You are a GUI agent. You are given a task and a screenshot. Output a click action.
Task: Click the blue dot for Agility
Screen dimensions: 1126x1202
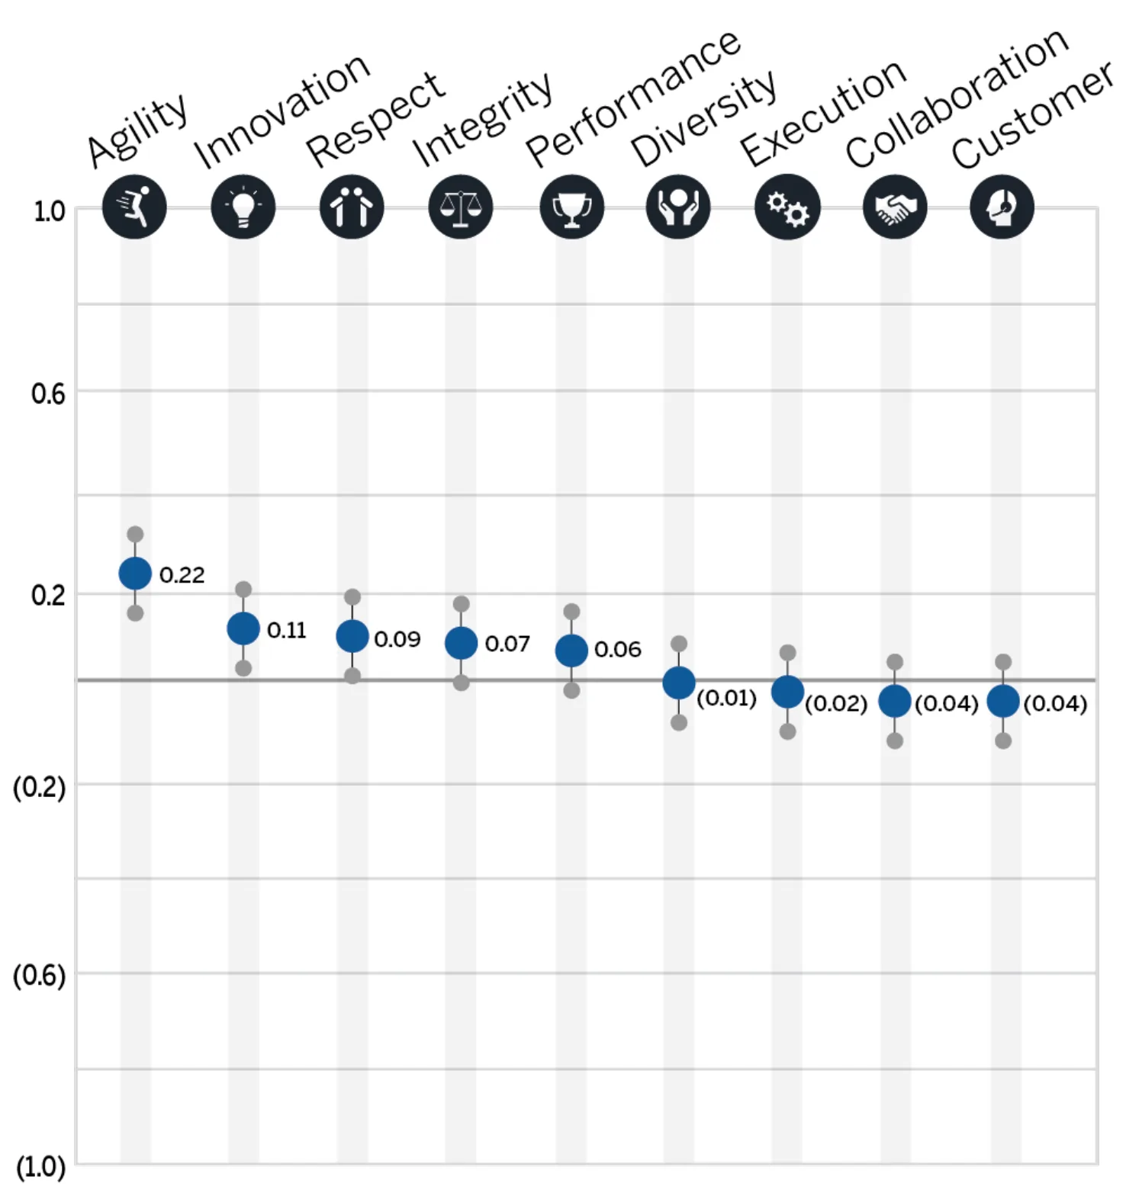(135, 574)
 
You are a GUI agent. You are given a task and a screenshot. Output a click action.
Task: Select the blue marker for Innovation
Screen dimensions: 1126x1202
(243, 629)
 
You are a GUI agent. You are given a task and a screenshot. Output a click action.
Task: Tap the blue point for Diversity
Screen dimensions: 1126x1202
(679, 683)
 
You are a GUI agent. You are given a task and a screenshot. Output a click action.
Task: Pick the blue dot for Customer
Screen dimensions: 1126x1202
(1003, 702)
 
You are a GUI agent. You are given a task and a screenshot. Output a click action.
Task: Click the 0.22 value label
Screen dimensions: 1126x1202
(182, 575)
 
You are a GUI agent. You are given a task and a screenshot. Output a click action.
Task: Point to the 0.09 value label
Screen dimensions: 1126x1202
(397, 639)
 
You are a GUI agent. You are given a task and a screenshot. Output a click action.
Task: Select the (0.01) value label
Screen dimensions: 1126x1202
(726, 698)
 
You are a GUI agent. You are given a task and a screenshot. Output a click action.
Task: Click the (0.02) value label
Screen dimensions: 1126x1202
(836, 703)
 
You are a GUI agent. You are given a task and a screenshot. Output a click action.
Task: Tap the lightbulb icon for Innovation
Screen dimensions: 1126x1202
(243, 207)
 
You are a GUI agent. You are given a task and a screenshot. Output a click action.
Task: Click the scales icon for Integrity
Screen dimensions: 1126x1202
(461, 207)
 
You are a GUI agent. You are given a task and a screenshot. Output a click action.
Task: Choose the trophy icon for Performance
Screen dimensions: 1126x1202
(571, 207)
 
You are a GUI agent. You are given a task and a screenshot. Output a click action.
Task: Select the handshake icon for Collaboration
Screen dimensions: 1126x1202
(895, 207)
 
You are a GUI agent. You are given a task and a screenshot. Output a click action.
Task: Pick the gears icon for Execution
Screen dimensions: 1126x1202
(787, 207)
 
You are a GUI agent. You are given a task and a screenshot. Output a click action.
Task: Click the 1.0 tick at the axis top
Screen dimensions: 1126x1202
(49, 211)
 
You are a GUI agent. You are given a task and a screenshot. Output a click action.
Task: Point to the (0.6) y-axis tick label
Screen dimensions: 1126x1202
(40, 975)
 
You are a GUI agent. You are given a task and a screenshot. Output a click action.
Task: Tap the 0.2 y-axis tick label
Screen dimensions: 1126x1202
(48, 595)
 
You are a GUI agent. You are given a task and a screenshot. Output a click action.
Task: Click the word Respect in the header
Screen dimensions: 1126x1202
(375, 119)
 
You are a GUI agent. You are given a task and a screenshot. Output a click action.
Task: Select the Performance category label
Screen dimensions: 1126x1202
(633, 98)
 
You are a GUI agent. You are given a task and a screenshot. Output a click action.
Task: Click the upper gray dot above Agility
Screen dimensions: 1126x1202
(135, 534)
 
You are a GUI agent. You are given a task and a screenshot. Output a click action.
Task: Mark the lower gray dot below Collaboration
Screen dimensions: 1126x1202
(895, 741)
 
